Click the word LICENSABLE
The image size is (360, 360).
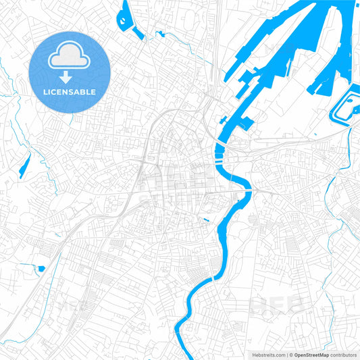(x=70, y=91)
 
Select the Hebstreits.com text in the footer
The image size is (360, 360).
(x=268, y=355)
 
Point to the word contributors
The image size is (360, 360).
(x=344, y=355)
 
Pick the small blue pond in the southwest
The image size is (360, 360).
(x=41, y=269)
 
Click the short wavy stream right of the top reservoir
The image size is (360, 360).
(x=162, y=34)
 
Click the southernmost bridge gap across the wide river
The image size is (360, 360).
(x=213, y=278)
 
